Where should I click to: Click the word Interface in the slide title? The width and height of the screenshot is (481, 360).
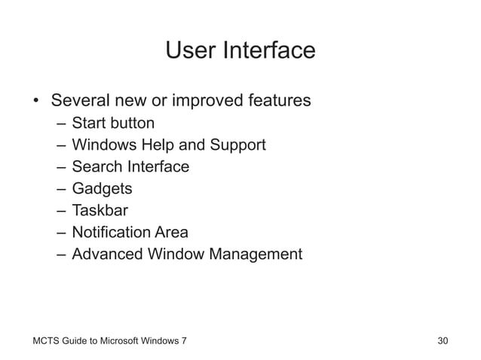coord(268,50)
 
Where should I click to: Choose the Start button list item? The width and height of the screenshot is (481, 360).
coord(113,123)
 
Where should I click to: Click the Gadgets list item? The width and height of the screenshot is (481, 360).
coord(102,188)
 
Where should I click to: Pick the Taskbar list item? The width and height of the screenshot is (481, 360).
coord(100,210)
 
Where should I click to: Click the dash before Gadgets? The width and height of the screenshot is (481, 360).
coord(60,188)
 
